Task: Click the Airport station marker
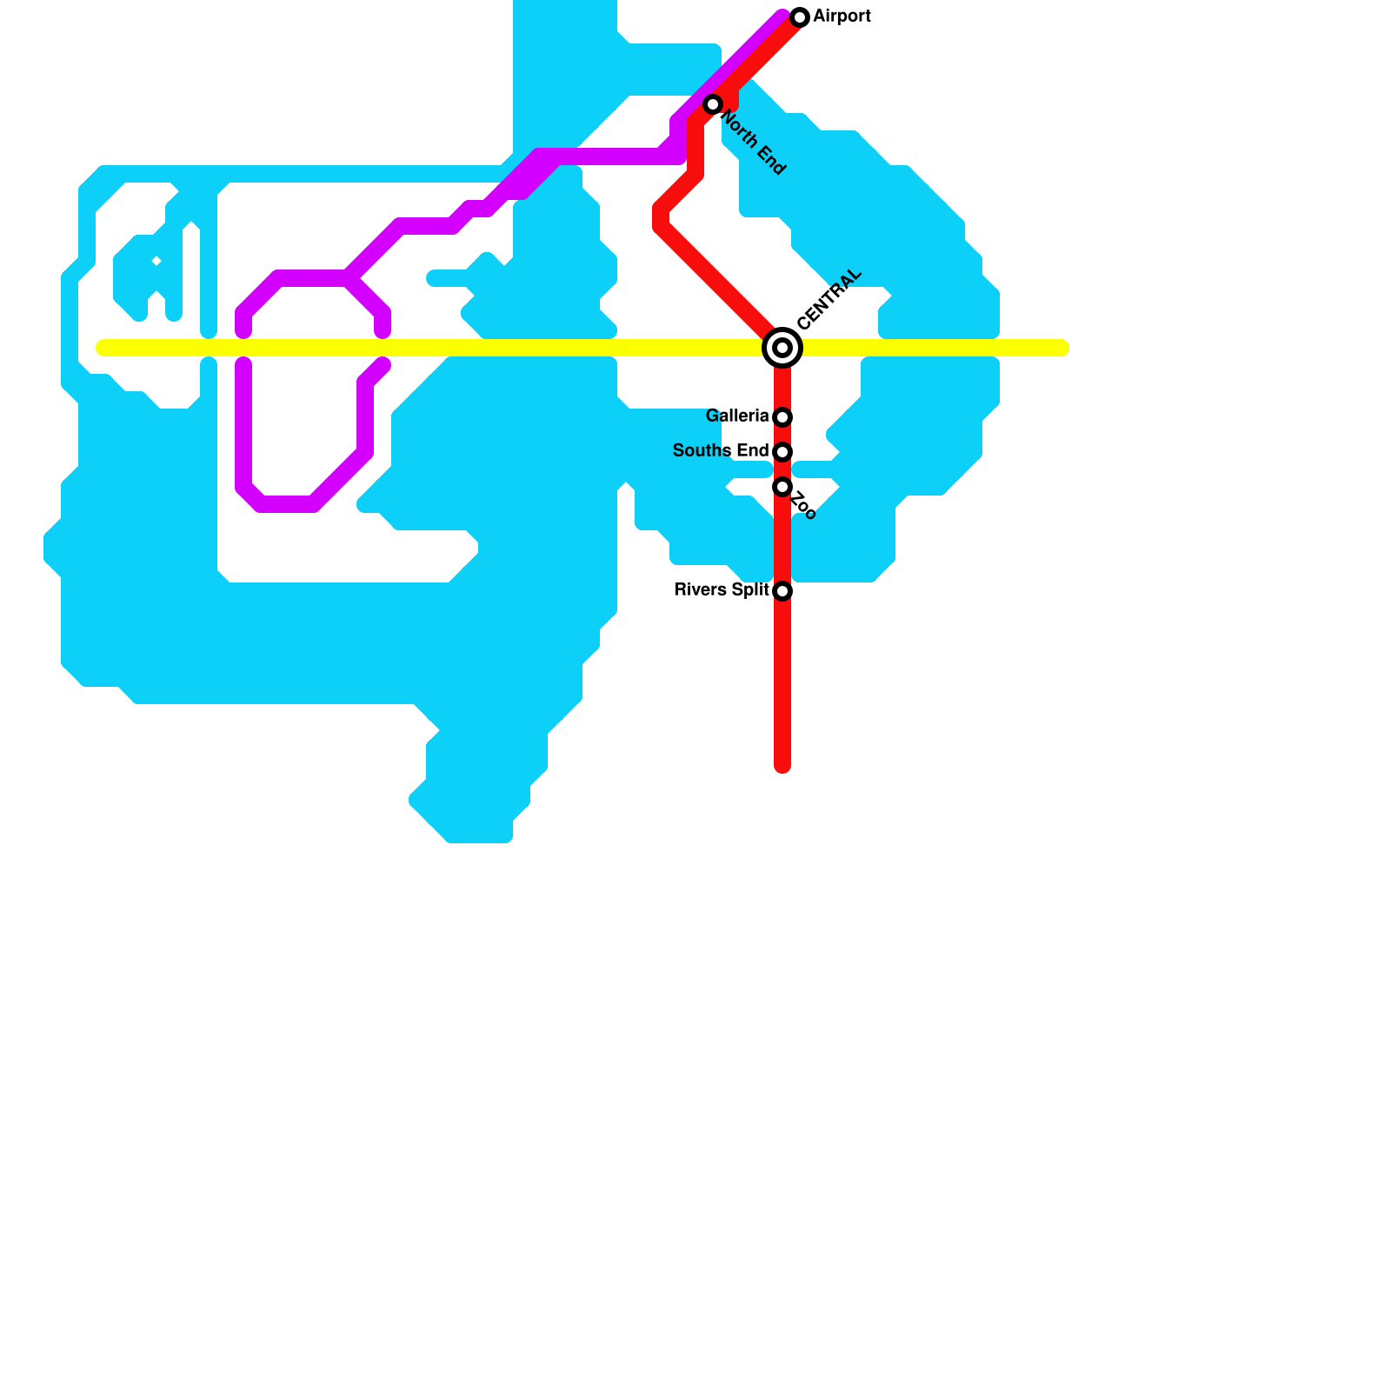click(x=800, y=17)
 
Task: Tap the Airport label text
click(x=842, y=17)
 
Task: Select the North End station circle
click(x=713, y=104)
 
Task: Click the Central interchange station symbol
click(x=782, y=348)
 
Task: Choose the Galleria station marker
click(x=782, y=417)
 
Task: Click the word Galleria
click(x=737, y=416)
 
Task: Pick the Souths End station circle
click(x=782, y=452)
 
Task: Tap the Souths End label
click(x=721, y=451)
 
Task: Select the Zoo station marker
click(x=782, y=487)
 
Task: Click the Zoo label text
click(x=804, y=506)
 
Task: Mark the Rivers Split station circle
click(x=782, y=591)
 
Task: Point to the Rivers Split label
click(x=722, y=590)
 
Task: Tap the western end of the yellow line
click(x=103, y=348)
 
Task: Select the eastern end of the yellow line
click(x=1062, y=348)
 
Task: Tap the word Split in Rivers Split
click(x=750, y=590)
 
